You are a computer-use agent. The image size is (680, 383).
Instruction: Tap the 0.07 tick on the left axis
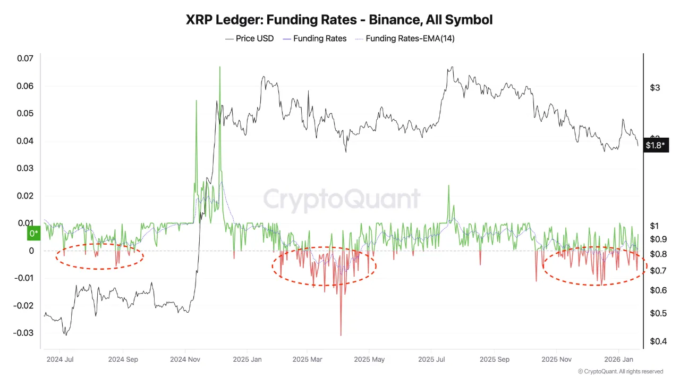click(24, 59)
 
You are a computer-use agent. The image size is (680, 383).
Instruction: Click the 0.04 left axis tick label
click(24, 141)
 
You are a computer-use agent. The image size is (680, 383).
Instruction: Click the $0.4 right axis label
click(658, 341)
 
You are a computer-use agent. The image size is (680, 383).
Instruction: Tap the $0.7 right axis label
click(658, 271)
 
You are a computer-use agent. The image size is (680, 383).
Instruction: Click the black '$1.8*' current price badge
click(656, 145)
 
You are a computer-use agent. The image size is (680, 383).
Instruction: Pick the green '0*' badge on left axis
click(33, 234)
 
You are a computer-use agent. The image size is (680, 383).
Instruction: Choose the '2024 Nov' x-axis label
click(185, 360)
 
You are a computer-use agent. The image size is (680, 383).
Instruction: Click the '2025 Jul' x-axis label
click(432, 360)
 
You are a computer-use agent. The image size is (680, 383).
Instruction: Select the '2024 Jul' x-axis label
click(60, 360)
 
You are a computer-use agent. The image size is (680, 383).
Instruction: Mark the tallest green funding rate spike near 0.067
click(219, 68)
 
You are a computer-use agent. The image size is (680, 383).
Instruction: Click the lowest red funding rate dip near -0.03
click(341, 335)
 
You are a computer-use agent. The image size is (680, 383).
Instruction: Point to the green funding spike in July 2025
click(449, 186)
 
